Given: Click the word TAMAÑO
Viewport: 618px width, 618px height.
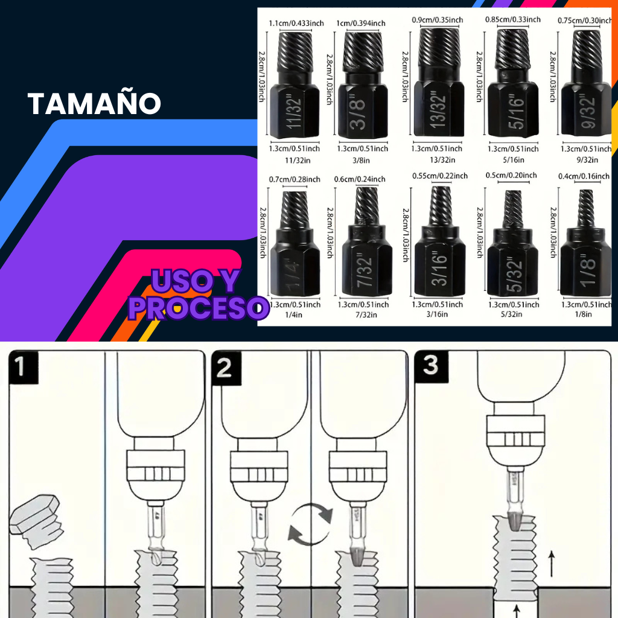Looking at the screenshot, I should click(94, 103).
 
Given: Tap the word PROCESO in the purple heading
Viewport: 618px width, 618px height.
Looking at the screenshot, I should click(198, 308).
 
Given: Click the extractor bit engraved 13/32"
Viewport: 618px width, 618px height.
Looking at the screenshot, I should click(438, 84).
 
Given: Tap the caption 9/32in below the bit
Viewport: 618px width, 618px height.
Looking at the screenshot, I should click(586, 160).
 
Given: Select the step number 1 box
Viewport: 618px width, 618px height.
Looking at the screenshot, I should click(22, 367).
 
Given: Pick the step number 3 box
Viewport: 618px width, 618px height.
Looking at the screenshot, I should click(430, 366).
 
